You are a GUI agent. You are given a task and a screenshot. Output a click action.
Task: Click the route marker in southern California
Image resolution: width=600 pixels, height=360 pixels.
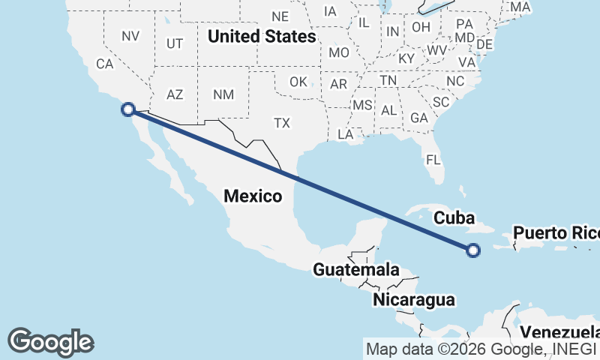tap(128, 109)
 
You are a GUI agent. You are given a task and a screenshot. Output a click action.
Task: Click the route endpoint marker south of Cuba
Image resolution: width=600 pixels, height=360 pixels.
tap(473, 250)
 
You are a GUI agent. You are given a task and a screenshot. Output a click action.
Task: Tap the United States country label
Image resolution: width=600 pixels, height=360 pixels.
tap(262, 36)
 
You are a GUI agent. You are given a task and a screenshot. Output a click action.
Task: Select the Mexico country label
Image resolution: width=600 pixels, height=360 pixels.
tap(253, 196)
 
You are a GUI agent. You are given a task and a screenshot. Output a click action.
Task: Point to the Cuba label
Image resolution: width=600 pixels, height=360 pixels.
tap(455, 218)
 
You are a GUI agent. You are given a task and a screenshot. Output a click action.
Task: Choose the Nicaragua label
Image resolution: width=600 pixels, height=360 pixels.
tap(414, 300)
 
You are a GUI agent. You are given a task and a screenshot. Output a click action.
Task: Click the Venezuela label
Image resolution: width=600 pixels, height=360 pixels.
tap(559, 332)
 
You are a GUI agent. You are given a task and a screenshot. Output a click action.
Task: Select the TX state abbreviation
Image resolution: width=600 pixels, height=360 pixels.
tap(282, 122)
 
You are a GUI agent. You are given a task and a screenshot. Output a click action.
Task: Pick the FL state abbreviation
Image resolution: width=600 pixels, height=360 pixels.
tap(433, 160)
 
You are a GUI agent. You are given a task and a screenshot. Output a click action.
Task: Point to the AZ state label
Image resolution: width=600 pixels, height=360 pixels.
tap(175, 94)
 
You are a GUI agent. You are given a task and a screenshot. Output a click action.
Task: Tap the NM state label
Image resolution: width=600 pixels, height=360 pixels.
tap(223, 94)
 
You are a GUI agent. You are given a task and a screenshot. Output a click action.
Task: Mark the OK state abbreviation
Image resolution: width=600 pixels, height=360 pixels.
tap(298, 81)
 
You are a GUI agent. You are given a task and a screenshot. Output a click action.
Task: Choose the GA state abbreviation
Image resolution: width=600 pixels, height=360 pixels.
tap(418, 118)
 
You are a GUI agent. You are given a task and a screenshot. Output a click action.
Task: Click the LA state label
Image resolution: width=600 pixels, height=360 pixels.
tap(346, 135)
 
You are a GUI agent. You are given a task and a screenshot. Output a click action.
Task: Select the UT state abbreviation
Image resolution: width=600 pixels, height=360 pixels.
tap(175, 43)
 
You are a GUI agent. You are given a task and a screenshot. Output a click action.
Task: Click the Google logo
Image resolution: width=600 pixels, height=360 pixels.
tap(50, 341)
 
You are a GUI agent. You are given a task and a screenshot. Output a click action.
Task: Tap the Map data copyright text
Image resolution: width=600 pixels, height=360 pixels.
tap(481, 349)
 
